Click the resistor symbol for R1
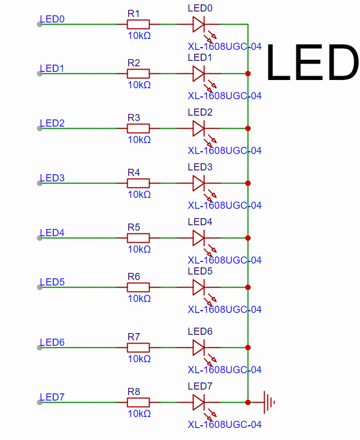click(138, 24)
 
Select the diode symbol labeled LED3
click(199, 183)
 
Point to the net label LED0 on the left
click(53, 19)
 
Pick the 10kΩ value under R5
click(139, 249)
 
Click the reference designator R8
click(134, 391)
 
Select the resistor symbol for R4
click(138, 183)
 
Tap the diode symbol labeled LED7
click(199, 402)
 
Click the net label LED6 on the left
click(53, 342)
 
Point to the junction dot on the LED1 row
click(248, 73)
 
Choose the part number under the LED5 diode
click(225, 309)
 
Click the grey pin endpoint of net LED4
click(39, 238)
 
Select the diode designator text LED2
click(199, 112)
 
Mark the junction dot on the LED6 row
click(248, 347)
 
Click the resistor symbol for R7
click(138, 347)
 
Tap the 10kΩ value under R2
click(139, 84)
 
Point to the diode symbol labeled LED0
click(199, 24)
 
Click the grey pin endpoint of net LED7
click(39, 403)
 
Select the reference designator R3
click(134, 117)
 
